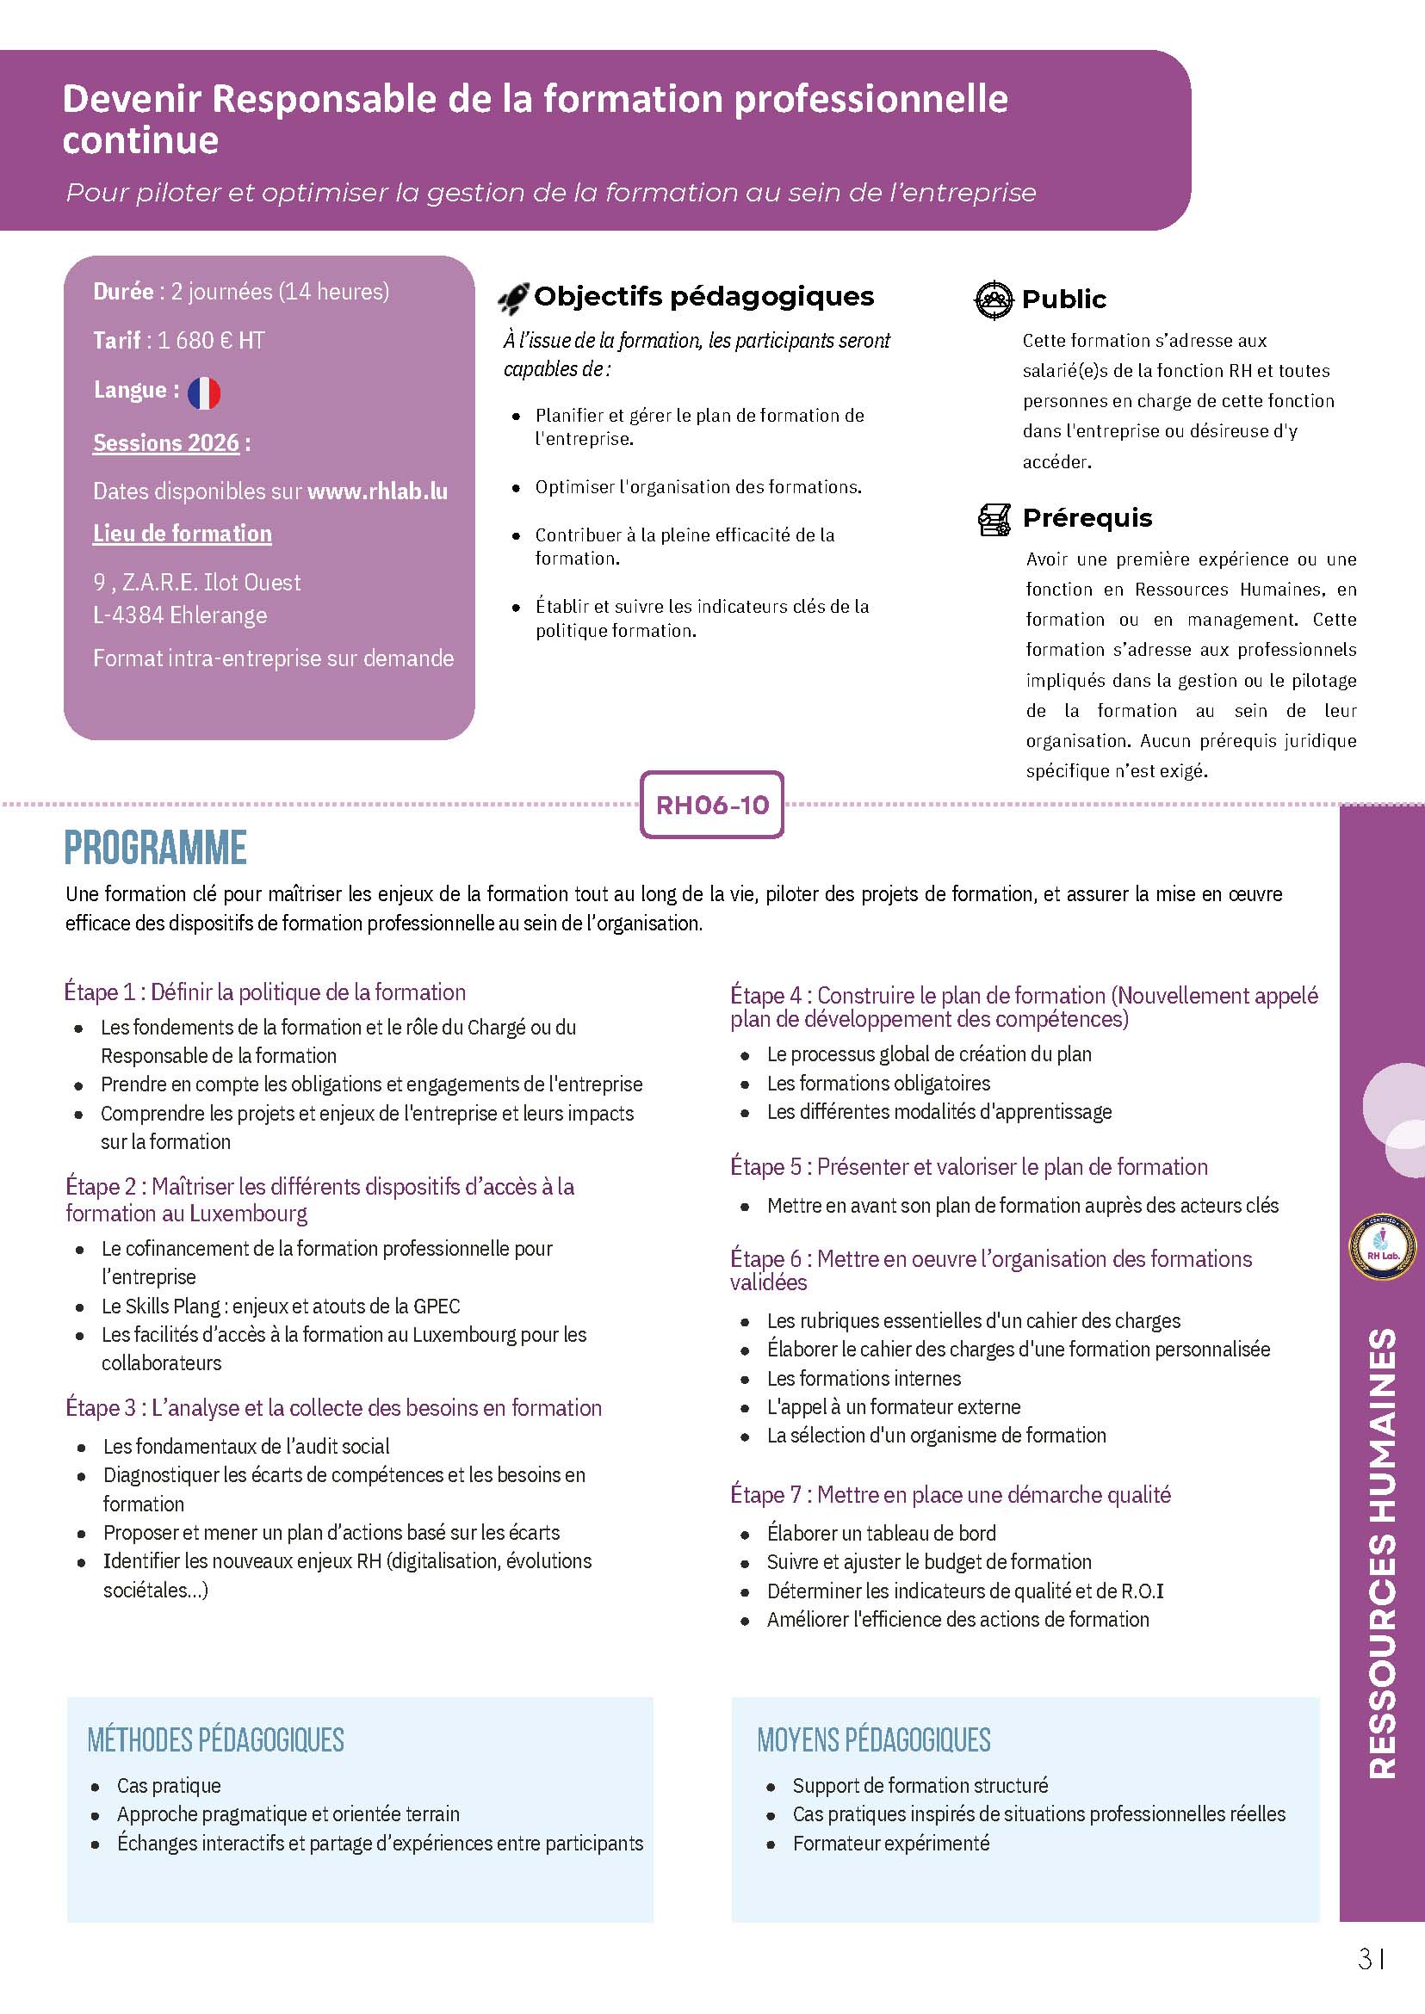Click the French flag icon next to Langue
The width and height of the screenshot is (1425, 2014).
click(203, 392)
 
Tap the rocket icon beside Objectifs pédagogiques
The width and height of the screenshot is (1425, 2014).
click(513, 299)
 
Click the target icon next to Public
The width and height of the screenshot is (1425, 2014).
click(994, 300)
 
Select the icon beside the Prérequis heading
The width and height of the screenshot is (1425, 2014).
click(994, 519)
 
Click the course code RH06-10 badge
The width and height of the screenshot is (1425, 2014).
click(711, 805)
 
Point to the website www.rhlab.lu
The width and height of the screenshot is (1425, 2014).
click(377, 491)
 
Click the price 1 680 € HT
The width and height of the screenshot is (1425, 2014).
click(211, 340)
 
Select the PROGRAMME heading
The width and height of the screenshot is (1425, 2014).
click(156, 848)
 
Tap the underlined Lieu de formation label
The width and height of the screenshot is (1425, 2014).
click(183, 534)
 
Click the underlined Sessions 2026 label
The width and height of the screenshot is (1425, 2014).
click(166, 443)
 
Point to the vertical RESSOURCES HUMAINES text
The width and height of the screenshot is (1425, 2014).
click(1381, 1553)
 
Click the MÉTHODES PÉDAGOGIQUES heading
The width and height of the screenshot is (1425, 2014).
click(216, 1739)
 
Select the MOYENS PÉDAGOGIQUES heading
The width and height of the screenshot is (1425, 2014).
click(873, 1739)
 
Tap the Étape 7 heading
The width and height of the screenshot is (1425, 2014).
click(951, 1495)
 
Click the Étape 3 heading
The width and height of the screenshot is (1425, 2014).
click(333, 1408)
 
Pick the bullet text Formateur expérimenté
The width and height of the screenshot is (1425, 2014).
click(890, 1843)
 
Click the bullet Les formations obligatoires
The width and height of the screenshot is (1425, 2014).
click(878, 1084)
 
